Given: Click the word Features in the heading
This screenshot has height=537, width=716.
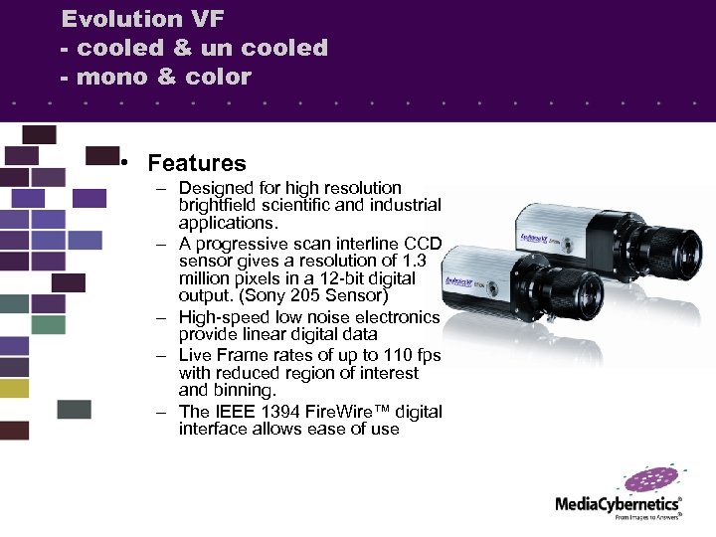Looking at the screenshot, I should click(196, 163).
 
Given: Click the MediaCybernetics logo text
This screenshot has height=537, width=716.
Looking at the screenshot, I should click(618, 504).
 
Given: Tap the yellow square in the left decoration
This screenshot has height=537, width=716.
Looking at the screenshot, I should click(14, 389).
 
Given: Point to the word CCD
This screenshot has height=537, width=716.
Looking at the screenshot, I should click(423, 245).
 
